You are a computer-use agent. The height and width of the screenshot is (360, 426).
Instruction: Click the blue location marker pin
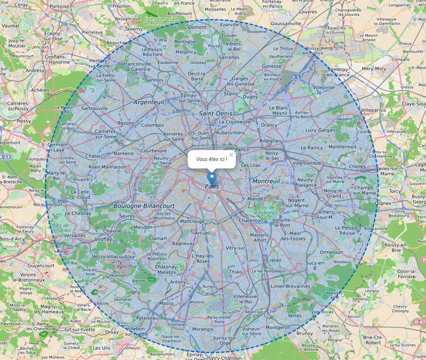(x=212, y=178)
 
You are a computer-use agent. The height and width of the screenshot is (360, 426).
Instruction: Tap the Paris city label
(x=212, y=186)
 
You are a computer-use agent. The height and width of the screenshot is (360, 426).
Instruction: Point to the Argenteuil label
(x=150, y=101)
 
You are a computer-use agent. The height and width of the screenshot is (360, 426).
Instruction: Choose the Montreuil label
(x=266, y=182)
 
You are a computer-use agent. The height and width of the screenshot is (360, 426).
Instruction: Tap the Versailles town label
(x=74, y=235)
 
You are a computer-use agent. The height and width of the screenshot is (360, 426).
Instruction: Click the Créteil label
(x=273, y=260)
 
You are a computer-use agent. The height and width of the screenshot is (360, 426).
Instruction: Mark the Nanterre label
(x=124, y=153)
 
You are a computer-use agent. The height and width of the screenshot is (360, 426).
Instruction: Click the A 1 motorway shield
(x=296, y=77)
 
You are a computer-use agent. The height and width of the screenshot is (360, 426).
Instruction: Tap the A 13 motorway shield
(x=5, y=157)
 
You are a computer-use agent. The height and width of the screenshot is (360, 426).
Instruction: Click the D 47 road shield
(x=419, y=322)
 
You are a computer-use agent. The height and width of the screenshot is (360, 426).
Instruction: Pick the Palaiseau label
(x=147, y=317)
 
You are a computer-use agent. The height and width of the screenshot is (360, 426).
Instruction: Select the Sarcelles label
(x=229, y=57)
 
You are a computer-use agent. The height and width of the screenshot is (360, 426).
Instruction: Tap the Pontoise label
(x=59, y=6)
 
